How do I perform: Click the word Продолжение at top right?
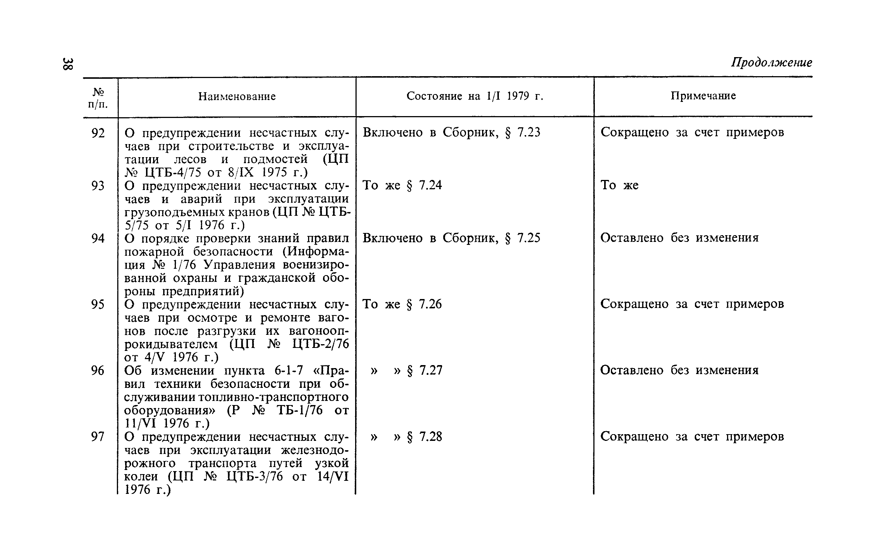771,62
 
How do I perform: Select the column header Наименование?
237,97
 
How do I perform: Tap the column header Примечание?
703,96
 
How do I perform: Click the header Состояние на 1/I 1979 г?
475,96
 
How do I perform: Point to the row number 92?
98,133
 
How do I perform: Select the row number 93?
98,186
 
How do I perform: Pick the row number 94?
98,238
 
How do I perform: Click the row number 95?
98,304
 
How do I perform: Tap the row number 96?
98,370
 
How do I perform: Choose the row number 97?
98,436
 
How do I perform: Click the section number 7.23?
529,133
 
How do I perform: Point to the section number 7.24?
431,185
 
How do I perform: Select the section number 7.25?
529,238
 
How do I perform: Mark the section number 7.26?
431,304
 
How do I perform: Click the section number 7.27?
431,370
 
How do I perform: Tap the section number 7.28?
431,436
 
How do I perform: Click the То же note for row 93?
619,185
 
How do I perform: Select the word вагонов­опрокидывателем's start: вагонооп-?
319,331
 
